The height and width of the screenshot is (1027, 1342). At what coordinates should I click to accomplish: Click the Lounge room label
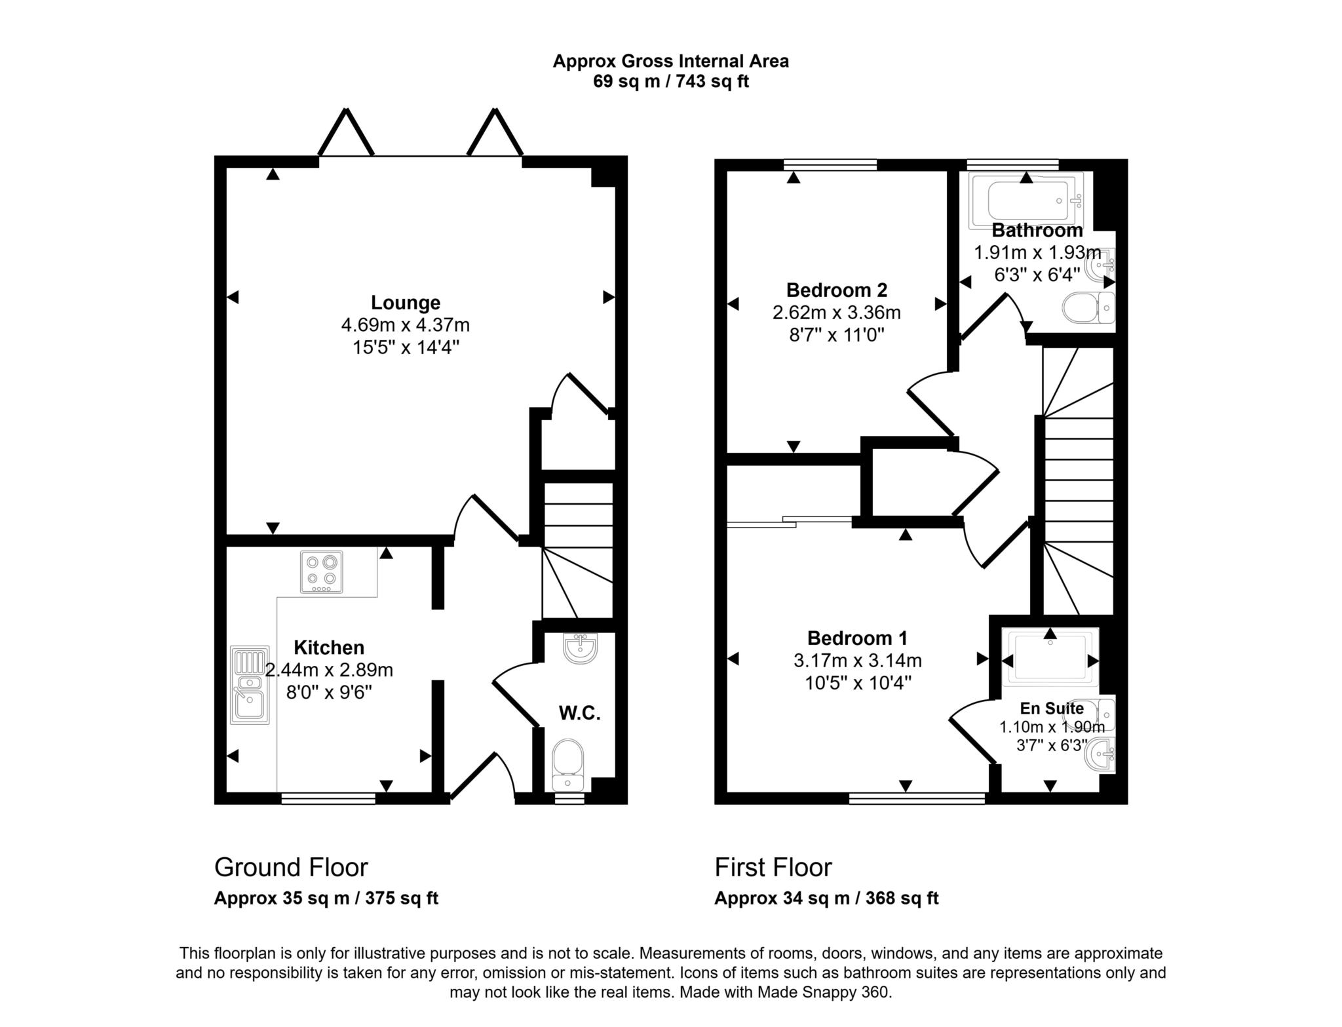pos(406,302)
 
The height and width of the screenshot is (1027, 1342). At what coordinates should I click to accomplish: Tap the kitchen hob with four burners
pos(321,572)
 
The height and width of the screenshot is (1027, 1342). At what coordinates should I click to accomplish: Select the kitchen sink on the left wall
pos(250,685)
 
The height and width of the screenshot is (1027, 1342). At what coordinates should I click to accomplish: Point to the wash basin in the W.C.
pos(580,648)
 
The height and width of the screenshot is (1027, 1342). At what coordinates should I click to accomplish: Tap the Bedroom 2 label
pos(836,290)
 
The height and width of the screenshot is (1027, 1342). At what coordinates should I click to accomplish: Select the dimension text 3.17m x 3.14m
pos(858,661)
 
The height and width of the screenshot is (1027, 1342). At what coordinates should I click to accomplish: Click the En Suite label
pos(1052,708)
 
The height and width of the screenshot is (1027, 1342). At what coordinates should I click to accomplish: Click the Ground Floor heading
pos(291,867)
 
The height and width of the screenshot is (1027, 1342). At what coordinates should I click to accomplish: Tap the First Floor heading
pos(773,867)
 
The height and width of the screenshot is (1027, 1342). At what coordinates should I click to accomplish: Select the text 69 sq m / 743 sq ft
pos(670,82)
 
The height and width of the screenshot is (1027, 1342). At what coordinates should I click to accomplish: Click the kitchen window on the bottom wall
pos(328,798)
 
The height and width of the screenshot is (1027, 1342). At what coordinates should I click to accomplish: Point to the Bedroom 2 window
pos(830,165)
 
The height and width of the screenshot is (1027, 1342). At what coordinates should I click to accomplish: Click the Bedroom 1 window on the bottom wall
pos(917,798)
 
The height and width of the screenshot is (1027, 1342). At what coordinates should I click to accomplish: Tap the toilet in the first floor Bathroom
pos(1088,307)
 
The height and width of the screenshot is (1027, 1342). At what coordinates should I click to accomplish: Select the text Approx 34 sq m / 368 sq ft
pos(826,898)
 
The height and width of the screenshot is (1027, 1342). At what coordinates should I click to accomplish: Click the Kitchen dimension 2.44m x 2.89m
pos(329,670)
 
